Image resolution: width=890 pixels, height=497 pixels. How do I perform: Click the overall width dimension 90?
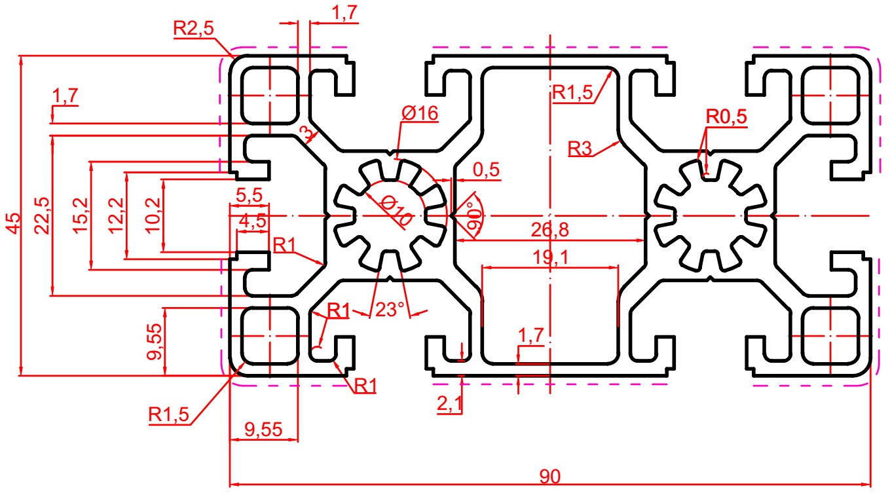[x=550, y=476]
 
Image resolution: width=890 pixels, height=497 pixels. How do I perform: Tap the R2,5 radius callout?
[x=193, y=29]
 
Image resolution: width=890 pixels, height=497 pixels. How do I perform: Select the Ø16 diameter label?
[x=420, y=113]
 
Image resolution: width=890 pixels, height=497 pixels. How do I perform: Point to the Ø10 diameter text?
[x=396, y=212]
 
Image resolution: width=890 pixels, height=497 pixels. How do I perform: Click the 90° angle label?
[x=473, y=216]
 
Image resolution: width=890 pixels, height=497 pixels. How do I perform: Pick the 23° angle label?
[x=390, y=310]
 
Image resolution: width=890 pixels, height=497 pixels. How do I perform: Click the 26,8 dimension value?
[x=550, y=230]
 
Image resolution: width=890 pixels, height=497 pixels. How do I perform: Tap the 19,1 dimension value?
[x=550, y=257]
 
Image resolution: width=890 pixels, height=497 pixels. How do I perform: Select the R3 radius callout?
[x=580, y=149]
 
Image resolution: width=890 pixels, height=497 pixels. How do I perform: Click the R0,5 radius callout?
[x=726, y=117]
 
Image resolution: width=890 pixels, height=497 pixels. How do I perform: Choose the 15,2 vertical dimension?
[x=81, y=215]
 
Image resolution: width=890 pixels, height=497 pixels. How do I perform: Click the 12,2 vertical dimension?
[x=116, y=215]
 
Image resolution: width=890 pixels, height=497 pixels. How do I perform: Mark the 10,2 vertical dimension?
[x=153, y=215]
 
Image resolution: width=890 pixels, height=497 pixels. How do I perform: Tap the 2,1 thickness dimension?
[x=450, y=404]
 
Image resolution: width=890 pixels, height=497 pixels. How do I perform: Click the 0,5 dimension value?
[x=486, y=170]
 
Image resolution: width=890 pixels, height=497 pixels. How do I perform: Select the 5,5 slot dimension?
[x=249, y=196]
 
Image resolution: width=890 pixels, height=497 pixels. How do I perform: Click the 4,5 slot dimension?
[x=252, y=221]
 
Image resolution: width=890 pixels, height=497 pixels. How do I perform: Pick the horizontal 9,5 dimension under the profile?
[x=263, y=430]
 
